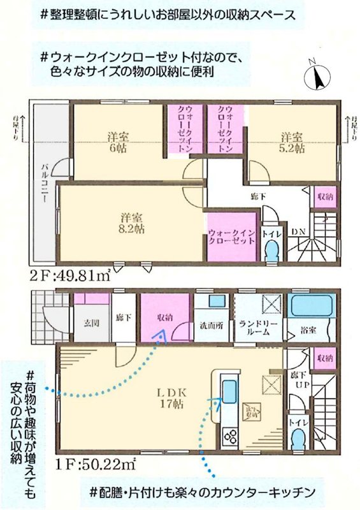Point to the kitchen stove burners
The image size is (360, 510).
[229, 437]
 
